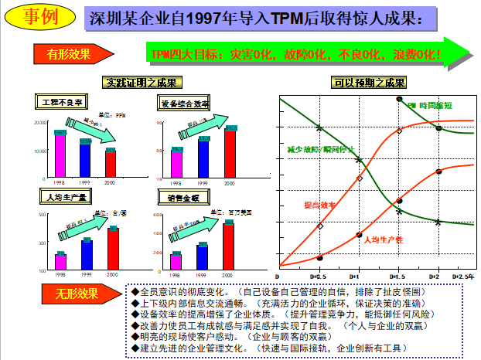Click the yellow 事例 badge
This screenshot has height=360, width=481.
36,15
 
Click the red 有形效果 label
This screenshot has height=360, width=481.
66,53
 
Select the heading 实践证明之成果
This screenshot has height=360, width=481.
142,83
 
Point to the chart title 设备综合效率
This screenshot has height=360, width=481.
185,103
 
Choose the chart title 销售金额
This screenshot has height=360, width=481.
183,199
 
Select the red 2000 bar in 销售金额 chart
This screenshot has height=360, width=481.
228,246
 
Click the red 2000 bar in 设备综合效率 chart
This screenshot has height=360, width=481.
230,152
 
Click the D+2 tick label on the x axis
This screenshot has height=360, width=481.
435,276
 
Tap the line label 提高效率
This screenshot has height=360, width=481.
319,205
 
